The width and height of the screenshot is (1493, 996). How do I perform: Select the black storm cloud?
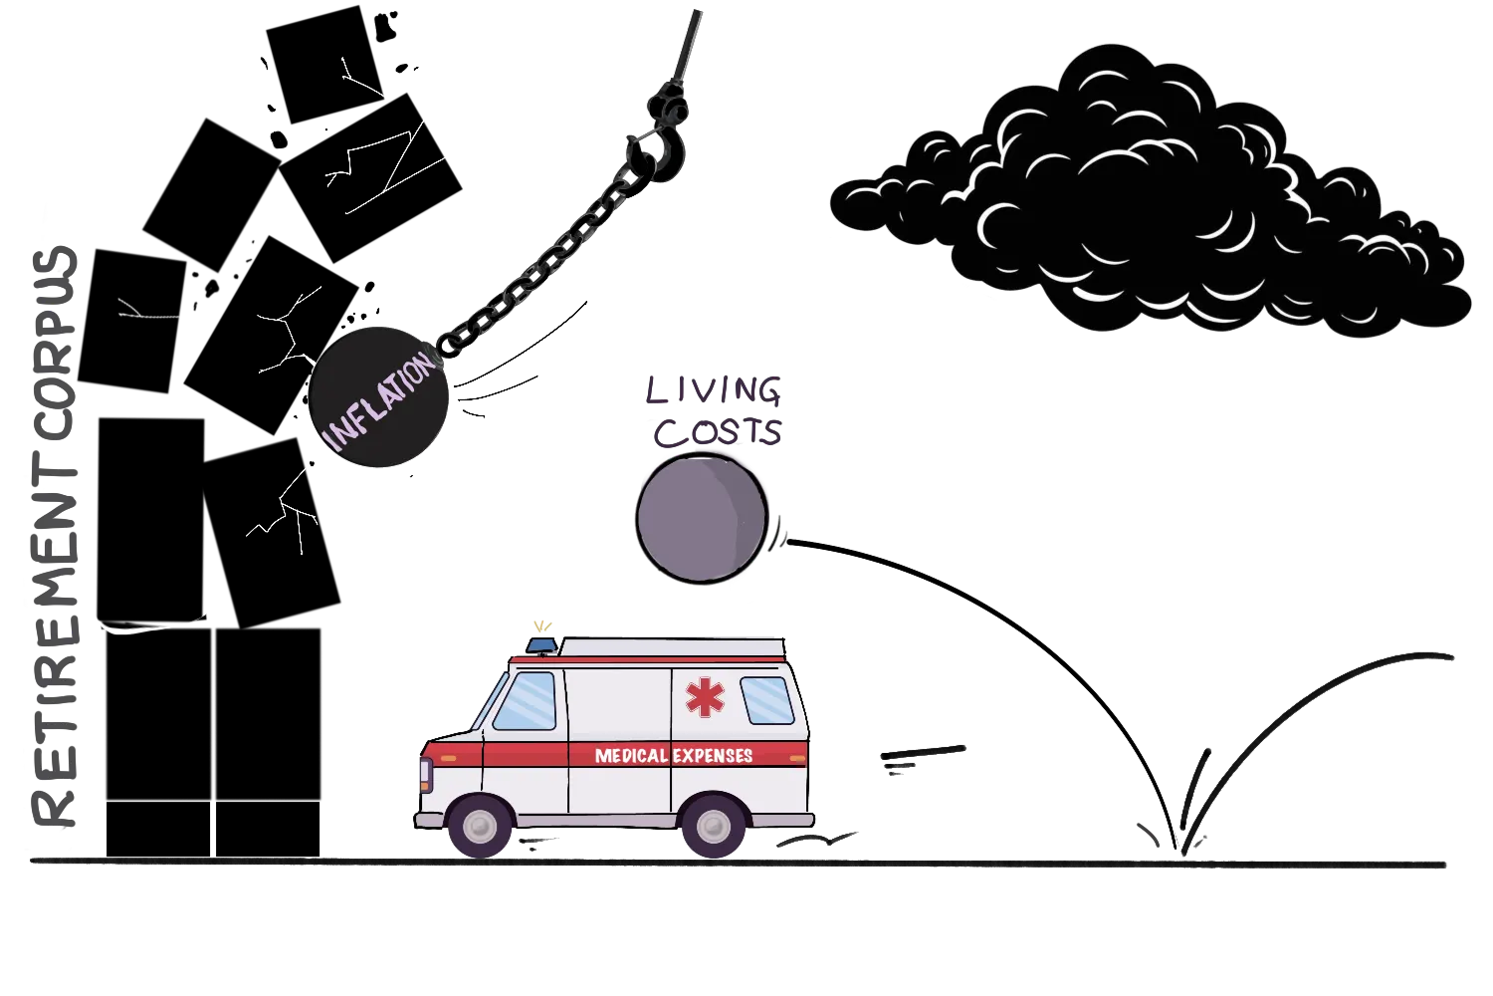click(x=1145, y=199)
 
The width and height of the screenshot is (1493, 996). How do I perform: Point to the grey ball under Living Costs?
click(x=703, y=516)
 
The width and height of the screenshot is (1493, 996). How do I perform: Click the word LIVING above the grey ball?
click(x=714, y=391)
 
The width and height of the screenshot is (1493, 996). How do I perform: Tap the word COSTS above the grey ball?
click(x=718, y=432)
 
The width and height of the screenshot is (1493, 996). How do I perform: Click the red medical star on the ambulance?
click(x=705, y=697)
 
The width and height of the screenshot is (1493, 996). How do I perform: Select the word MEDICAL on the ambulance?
click(x=631, y=756)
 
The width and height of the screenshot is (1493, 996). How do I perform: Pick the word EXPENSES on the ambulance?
click(x=713, y=756)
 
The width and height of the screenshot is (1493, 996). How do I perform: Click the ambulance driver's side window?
click(x=526, y=700)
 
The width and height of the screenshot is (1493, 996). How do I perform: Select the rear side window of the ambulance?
click(x=767, y=700)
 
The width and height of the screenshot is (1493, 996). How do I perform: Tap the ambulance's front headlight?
click(x=425, y=773)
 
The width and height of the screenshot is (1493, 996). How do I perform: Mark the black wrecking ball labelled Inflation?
click(x=379, y=396)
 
